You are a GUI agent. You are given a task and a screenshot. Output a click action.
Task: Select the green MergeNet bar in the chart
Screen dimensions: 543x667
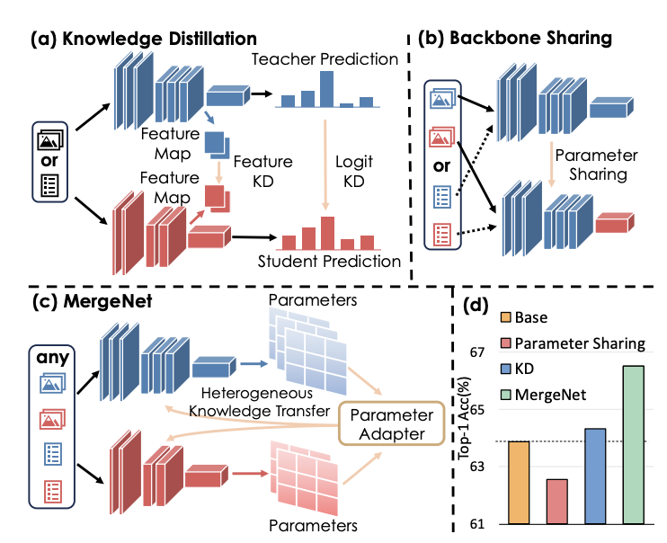(x=634, y=444)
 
